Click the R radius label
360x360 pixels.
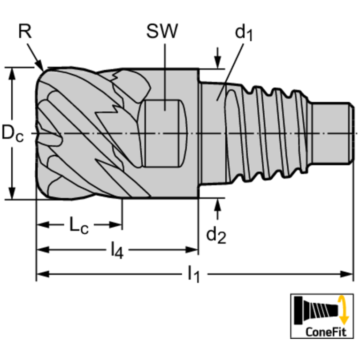25,31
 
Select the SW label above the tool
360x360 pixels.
162,31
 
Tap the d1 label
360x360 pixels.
244,32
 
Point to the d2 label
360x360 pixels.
216,235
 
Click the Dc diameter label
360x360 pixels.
13,133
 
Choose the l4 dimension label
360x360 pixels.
117,250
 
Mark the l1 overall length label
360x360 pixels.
193,274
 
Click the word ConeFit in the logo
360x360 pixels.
326,331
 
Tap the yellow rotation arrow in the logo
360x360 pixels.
343,310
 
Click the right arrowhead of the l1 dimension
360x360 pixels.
346,274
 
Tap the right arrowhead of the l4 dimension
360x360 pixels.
191,250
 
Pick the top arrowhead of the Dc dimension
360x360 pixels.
12,74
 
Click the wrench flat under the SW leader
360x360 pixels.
162,133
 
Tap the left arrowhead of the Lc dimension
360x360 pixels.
43,225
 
